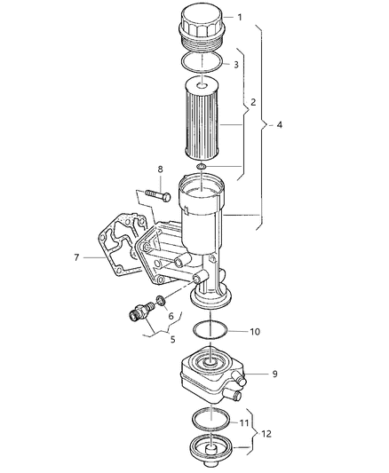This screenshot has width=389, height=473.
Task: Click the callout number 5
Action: pos(173,338)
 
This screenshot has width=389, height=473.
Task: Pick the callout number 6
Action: pos(171,315)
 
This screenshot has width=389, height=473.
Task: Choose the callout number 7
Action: pos(76,257)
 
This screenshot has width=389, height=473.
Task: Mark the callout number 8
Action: pos(160,168)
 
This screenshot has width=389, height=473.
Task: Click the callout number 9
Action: pos(274,374)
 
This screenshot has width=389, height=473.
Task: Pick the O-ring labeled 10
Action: pos(210,333)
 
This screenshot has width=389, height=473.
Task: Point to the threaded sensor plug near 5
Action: pos(138,312)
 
